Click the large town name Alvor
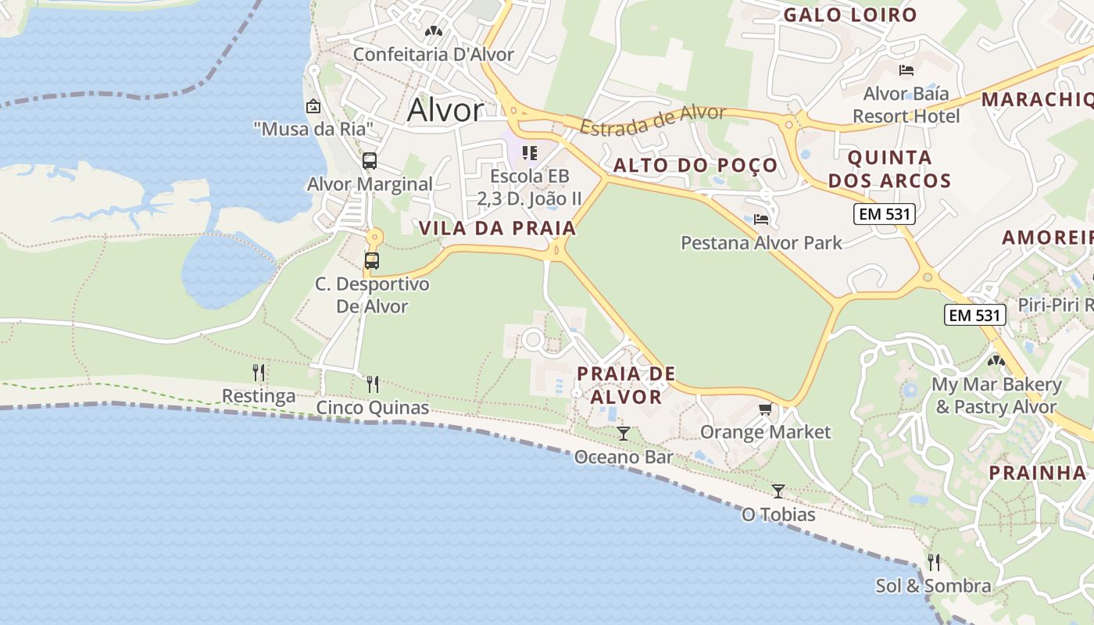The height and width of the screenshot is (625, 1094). pos(445,110)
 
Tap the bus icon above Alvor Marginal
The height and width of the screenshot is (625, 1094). pos(370,161)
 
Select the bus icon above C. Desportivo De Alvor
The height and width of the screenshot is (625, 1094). pos(372,261)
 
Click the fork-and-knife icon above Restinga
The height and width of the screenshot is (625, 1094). pos(259,372)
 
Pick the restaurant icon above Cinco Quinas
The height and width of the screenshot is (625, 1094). pos(373,384)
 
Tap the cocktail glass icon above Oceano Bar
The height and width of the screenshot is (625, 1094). pos(624,433)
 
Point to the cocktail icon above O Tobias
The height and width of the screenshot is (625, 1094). pos(778,491)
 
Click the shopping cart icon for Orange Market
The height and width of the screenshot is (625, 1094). pos(766,409)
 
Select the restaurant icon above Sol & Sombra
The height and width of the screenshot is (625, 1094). pos(933,562)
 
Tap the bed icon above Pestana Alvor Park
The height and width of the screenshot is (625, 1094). pos(761,220)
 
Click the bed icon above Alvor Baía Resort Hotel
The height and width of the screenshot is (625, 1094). pos(906,70)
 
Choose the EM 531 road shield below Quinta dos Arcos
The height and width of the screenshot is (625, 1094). pos(884,214)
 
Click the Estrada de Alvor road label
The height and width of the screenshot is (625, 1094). pos(653,120)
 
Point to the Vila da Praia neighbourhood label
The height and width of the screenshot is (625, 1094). pos(497,228)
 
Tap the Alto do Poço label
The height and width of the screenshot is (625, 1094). pos(695,165)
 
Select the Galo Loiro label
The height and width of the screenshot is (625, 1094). pos(849,15)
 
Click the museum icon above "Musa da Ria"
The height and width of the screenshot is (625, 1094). pos(313,106)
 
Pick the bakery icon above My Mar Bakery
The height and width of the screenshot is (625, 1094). pos(996,361)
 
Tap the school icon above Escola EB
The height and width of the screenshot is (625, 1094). pos(530,152)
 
